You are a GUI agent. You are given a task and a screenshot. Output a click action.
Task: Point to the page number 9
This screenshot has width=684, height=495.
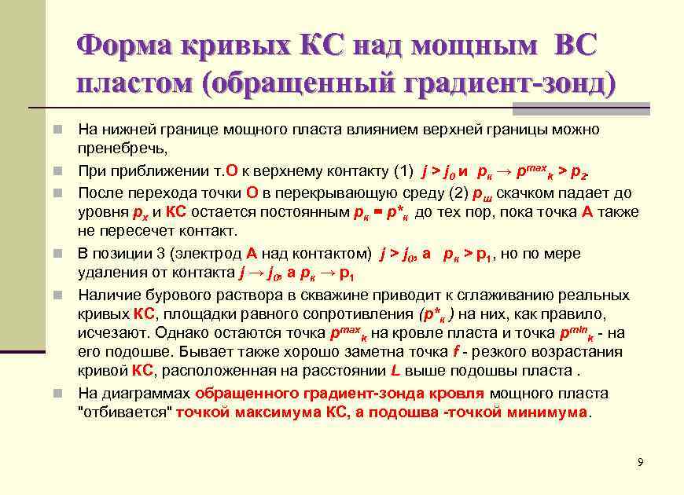pos(641,462)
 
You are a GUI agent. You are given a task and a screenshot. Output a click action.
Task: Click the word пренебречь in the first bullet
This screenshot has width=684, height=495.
pos(122,148)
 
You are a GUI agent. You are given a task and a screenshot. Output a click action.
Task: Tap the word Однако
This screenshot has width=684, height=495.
pos(191,333)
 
